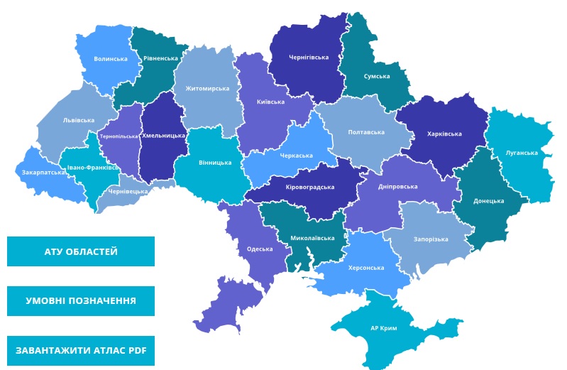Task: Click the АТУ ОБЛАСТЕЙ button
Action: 81,251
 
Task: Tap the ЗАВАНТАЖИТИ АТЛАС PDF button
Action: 81,351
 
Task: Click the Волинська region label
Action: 111,59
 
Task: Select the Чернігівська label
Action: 309,57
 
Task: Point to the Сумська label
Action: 377,76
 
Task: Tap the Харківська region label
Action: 444,134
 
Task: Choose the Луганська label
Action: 522,153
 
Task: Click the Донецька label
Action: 488,201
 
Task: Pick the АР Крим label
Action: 383,328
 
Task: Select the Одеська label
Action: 260,249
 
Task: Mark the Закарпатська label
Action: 43,172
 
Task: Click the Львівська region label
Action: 78,120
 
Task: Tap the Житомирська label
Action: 207,89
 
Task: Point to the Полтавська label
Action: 366,132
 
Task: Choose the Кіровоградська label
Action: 309,187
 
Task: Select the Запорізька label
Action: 431,239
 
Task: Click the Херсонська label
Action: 367,268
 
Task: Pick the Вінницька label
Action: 215,163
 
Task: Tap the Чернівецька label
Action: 128,192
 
